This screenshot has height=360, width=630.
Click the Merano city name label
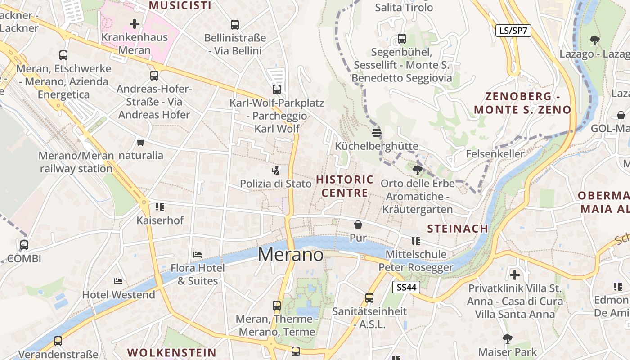click(290, 255)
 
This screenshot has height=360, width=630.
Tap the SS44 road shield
click(406, 287)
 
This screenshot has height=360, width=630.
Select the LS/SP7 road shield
click(513, 31)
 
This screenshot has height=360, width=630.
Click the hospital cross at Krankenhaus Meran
click(134, 23)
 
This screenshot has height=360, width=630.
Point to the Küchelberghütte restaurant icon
click(377, 132)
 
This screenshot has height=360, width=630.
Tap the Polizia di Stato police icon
click(275, 170)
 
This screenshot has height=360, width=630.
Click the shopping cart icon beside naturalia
click(140, 143)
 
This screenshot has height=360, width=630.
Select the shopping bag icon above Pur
click(358, 224)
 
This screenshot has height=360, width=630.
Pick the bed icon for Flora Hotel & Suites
click(197, 254)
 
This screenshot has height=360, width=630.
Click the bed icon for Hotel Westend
click(118, 281)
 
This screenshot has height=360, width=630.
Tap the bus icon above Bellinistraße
click(234, 24)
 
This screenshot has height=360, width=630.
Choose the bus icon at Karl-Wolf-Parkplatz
click(276, 89)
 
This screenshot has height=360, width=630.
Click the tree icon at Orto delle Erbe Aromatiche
click(417, 170)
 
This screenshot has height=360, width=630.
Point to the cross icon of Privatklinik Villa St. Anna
click(515, 274)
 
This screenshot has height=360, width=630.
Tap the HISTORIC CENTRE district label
click(345, 186)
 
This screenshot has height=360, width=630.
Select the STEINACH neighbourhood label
click(457, 229)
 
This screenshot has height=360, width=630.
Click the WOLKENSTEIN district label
click(172, 352)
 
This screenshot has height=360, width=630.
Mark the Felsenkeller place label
click(495, 154)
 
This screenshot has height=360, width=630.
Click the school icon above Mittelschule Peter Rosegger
click(416, 241)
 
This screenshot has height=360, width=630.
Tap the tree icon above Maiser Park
click(508, 338)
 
